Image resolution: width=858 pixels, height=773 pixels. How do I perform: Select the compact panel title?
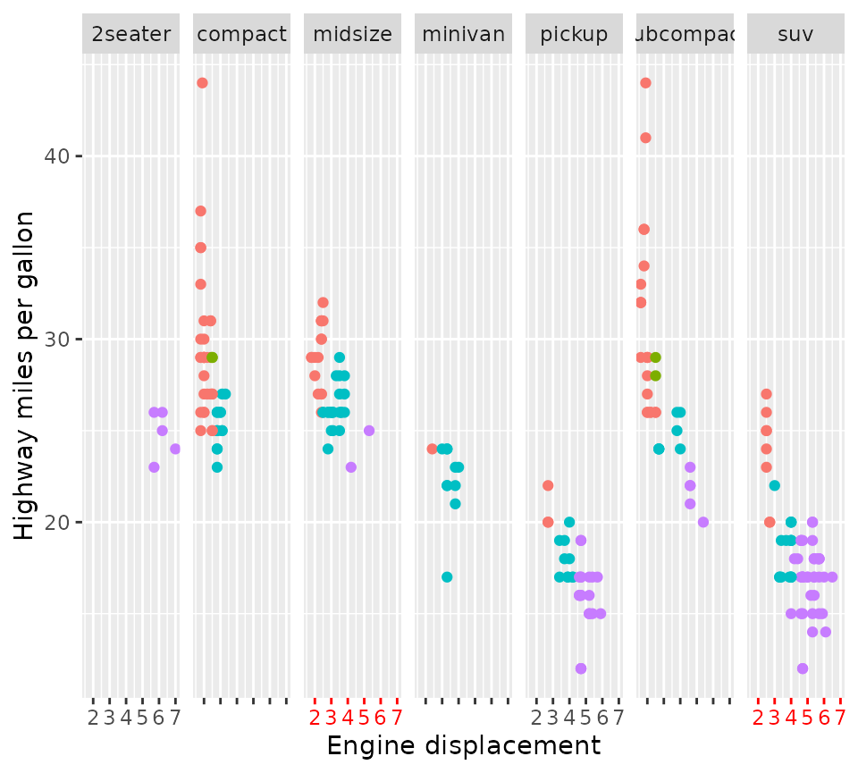[241, 35]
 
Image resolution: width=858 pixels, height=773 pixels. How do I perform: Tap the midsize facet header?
[352, 35]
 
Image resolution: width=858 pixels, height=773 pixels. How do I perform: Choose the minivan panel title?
[463, 35]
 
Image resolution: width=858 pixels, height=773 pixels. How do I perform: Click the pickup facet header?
[574, 35]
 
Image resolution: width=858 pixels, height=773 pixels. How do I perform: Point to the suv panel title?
[795, 35]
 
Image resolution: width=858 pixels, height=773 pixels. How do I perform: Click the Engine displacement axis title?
[463, 746]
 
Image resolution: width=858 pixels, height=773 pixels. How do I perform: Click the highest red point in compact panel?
[202, 83]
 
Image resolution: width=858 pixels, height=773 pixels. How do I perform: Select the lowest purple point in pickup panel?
[581, 668]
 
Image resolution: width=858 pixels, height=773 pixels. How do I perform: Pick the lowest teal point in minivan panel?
[447, 576]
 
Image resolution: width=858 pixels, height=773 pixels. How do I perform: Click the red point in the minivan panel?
[432, 449]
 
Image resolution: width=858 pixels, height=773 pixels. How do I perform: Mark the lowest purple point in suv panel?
[803, 668]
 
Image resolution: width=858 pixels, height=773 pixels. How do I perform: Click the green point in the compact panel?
[212, 357]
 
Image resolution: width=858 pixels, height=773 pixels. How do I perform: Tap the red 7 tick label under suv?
[839, 718]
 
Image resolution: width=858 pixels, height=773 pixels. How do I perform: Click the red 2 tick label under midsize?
[315, 718]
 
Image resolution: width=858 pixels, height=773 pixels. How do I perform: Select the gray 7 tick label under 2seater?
[174, 718]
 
